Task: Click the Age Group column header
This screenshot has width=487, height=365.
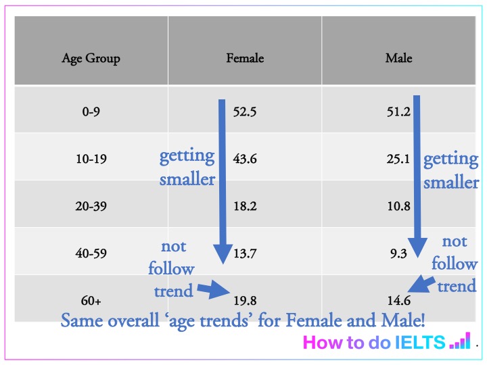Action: (91, 58)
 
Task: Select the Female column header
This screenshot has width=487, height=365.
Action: (245, 58)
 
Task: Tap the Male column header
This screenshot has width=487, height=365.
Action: (398, 58)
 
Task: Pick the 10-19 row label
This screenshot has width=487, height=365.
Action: (91, 160)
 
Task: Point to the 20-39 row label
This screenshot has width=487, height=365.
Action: (91, 207)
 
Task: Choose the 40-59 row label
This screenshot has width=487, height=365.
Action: (91, 254)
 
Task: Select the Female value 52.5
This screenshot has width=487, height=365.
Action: (244, 112)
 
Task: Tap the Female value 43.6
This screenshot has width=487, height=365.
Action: (244, 160)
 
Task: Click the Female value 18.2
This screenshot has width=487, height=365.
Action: (244, 207)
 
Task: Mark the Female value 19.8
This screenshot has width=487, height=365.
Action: (244, 299)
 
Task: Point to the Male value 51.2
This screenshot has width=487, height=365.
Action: (398, 112)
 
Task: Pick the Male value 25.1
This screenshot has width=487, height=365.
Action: (398, 160)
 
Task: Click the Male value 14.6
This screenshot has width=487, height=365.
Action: (398, 299)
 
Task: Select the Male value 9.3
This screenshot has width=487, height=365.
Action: (398, 254)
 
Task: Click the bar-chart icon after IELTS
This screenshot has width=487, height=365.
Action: (459, 343)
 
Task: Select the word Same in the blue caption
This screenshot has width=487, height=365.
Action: (79, 320)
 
